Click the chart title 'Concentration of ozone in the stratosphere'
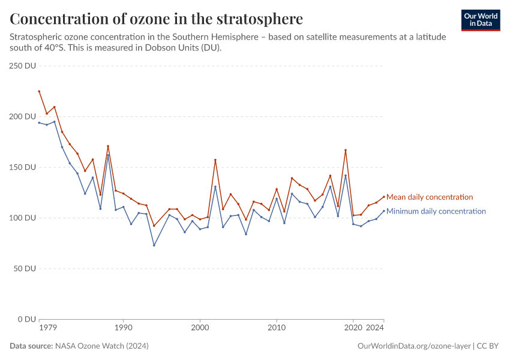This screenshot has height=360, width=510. click(156, 19)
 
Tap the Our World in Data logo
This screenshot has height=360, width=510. click(480, 20)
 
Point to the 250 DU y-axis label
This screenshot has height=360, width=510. click(23, 66)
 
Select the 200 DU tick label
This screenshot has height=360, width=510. click(23, 116)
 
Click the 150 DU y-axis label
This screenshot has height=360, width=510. click(23, 167)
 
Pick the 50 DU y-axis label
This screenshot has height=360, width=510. click(25, 268)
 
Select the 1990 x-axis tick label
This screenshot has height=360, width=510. click(123, 328)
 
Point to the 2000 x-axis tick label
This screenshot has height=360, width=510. click(199, 328)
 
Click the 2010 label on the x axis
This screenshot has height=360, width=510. click(276, 328)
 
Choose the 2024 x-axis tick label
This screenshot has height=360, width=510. click(375, 328)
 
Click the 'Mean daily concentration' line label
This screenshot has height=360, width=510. click(430, 197)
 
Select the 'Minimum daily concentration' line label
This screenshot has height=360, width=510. click(436, 211)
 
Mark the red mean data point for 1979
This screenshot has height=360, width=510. click(39, 91)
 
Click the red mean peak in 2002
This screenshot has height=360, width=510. click(215, 160)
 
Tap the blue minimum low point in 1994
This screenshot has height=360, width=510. click(154, 245)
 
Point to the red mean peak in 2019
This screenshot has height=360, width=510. click(346, 150)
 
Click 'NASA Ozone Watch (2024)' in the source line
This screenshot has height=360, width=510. click(102, 346)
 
